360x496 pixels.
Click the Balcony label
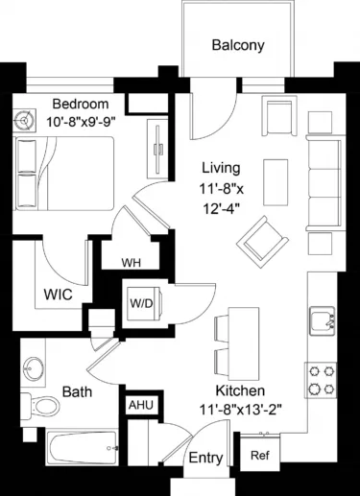[x=237, y=45]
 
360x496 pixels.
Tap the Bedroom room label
[x=80, y=104]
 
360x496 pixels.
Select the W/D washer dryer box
[x=140, y=303]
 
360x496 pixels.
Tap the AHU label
[x=140, y=405]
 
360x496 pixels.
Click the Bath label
[x=77, y=392]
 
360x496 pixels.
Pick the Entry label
[x=204, y=459]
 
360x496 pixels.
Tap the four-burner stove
[x=320, y=378]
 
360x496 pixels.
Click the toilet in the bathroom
[x=38, y=406]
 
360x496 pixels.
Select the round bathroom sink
[x=36, y=368]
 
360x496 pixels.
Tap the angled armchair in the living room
[x=259, y=236]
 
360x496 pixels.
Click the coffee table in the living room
[x=276, y=179]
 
